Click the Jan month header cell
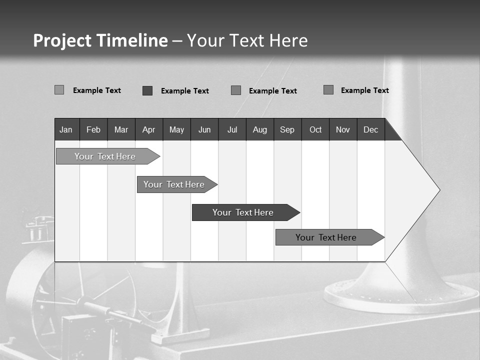[x=66, y=129]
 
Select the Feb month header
[x=93, y=129]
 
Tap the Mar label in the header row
[x=121, y=129]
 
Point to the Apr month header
[x=148, y=129]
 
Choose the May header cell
[x=176, y=129]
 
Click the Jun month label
[x=204, y=129]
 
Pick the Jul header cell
[x=232, y=129]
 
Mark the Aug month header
[x=260, y=129]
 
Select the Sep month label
[x=287, y=129]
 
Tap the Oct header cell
[x=315, y=129]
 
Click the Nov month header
[x=343, y=129]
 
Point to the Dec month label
[x=370, y=129]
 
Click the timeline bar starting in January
[x=105, y=156]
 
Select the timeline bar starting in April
[x=174, y=184]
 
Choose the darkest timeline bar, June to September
[x=243, y=212]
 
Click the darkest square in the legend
[x=147, y=90]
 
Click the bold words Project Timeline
[x=100, y=40]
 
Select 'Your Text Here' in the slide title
[x=247, y=40]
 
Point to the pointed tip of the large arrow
[x=438, y=190]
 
